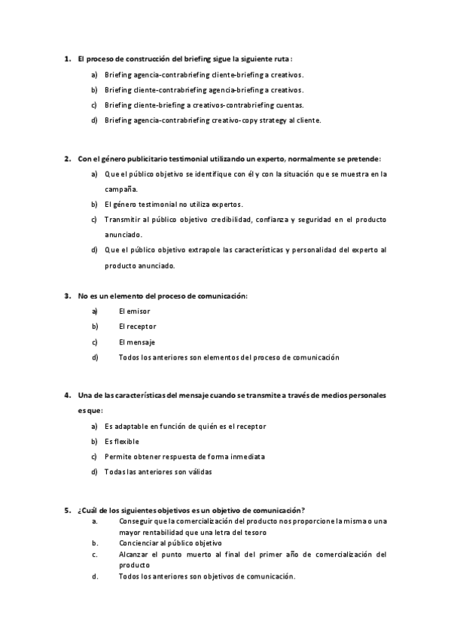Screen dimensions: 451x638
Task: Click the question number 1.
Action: coord(67,58)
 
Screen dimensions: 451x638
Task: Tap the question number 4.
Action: coord(67,395)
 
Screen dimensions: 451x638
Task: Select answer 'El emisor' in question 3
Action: coord(135,311)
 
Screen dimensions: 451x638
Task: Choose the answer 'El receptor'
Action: coord(138,327)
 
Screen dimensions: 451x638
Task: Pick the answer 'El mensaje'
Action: coord(136,342)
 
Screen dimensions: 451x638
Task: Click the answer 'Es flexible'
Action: coord(122,442)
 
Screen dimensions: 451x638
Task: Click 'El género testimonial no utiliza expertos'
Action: coord(174,204)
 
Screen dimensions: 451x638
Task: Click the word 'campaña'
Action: coord(121,189)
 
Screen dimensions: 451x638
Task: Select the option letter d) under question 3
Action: coord(95,357)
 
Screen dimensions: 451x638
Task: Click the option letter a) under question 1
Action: coord(94,75)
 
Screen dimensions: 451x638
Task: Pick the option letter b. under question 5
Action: coord(95,542)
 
